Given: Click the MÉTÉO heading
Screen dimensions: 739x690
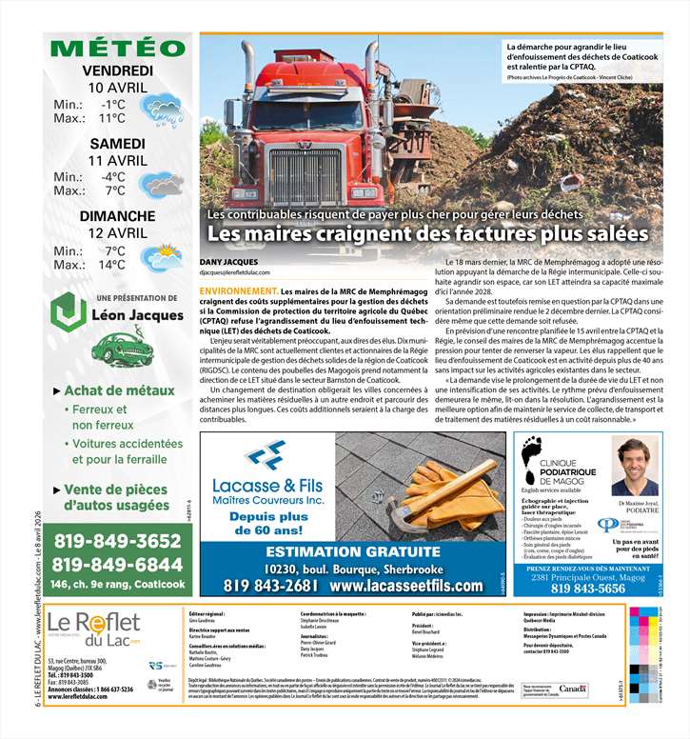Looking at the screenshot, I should click(117, 49).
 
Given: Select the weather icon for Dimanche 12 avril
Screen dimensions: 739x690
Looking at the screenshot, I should click(163, 256).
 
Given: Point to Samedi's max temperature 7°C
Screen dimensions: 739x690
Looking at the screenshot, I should click(115, 190).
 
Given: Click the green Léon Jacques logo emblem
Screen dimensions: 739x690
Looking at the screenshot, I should click(68, 312).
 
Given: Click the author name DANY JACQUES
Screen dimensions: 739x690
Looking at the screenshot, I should click(230, 262).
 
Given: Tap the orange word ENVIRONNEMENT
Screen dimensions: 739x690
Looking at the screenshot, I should click(239, 290).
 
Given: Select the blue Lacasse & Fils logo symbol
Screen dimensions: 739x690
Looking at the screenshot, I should click(264, 454).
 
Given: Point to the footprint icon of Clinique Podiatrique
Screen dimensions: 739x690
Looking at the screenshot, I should click(531, 455).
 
